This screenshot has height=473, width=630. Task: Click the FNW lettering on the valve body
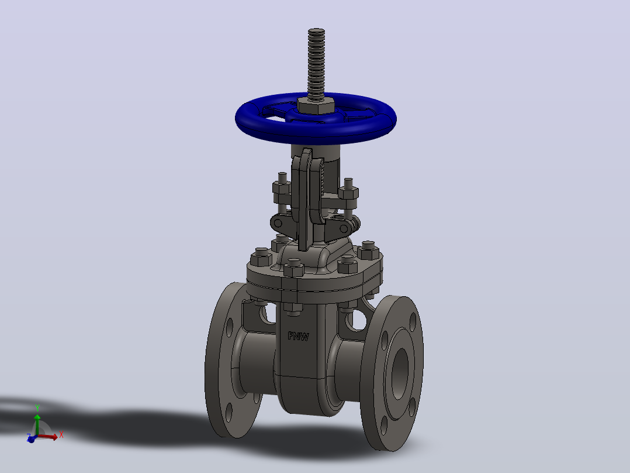(x=299, y=336)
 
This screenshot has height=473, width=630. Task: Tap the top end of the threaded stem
(x=317, y=30)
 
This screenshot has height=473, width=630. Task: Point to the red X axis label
(x=61, y=435)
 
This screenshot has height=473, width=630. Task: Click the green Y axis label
(x=37, y=408)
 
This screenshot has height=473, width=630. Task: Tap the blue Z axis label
(x=28, y=436)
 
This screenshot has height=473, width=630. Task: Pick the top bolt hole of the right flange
(x=413, y=321)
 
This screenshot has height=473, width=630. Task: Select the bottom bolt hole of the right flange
(x=384, y=426)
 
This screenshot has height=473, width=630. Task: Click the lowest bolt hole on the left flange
(x=229, y=412)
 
